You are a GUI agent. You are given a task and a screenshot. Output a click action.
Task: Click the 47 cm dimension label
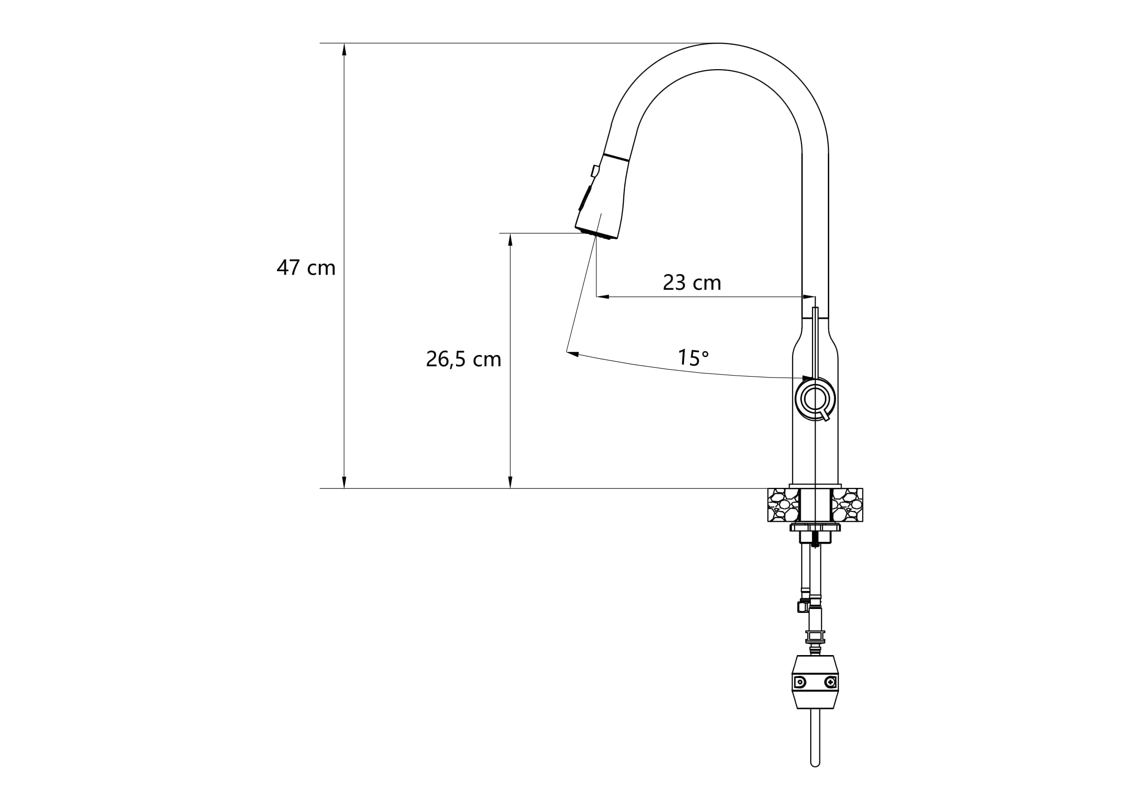click(306, 268)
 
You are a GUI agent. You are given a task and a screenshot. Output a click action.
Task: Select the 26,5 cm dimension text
click(463, 359)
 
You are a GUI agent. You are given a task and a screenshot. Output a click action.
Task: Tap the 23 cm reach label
click(692, 283)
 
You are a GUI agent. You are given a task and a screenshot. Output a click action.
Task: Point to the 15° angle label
click(693, 357)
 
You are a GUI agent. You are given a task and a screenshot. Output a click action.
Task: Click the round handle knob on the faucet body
click(815, 399)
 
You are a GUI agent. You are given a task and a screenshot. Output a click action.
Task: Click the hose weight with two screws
click(815, 682)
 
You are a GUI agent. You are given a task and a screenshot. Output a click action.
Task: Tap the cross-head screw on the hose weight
click(830, 682)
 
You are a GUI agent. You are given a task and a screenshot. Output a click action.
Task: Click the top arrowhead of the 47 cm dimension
click(344, 49)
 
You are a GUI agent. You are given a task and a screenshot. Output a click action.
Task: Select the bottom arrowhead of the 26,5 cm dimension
click(510, 482)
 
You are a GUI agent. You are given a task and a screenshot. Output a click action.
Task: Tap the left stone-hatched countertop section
click(783, 505)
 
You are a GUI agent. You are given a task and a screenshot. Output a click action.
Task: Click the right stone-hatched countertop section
click(847, 505)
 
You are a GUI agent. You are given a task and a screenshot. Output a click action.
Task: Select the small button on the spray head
click(595, 171)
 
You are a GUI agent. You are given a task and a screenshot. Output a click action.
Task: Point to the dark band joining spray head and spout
click(615, 157)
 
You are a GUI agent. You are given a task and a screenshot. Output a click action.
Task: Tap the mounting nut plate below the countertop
click(815, 528)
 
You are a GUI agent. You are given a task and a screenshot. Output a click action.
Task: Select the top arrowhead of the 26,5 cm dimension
click(510, 239)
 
